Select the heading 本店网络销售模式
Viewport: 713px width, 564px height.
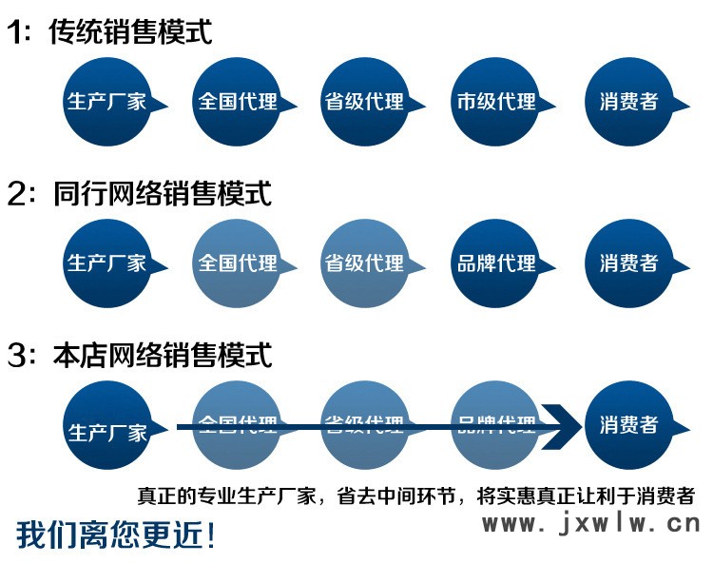[162, 356]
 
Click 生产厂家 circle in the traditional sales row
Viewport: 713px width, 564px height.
[106, 102]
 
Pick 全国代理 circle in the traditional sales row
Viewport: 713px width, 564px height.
[237, 102]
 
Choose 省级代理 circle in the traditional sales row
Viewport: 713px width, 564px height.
[365, 102]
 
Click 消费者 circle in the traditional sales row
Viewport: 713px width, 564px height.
[628, 102]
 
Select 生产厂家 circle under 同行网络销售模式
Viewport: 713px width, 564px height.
[106, 263]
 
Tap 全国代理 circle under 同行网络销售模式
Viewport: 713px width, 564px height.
[237, 263]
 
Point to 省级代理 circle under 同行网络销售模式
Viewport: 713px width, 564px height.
[365, 263]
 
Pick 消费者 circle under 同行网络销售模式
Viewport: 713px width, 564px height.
[628, 263]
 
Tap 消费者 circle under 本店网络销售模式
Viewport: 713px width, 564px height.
[628, 425]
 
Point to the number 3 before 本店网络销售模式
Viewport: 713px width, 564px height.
[16, 357]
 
